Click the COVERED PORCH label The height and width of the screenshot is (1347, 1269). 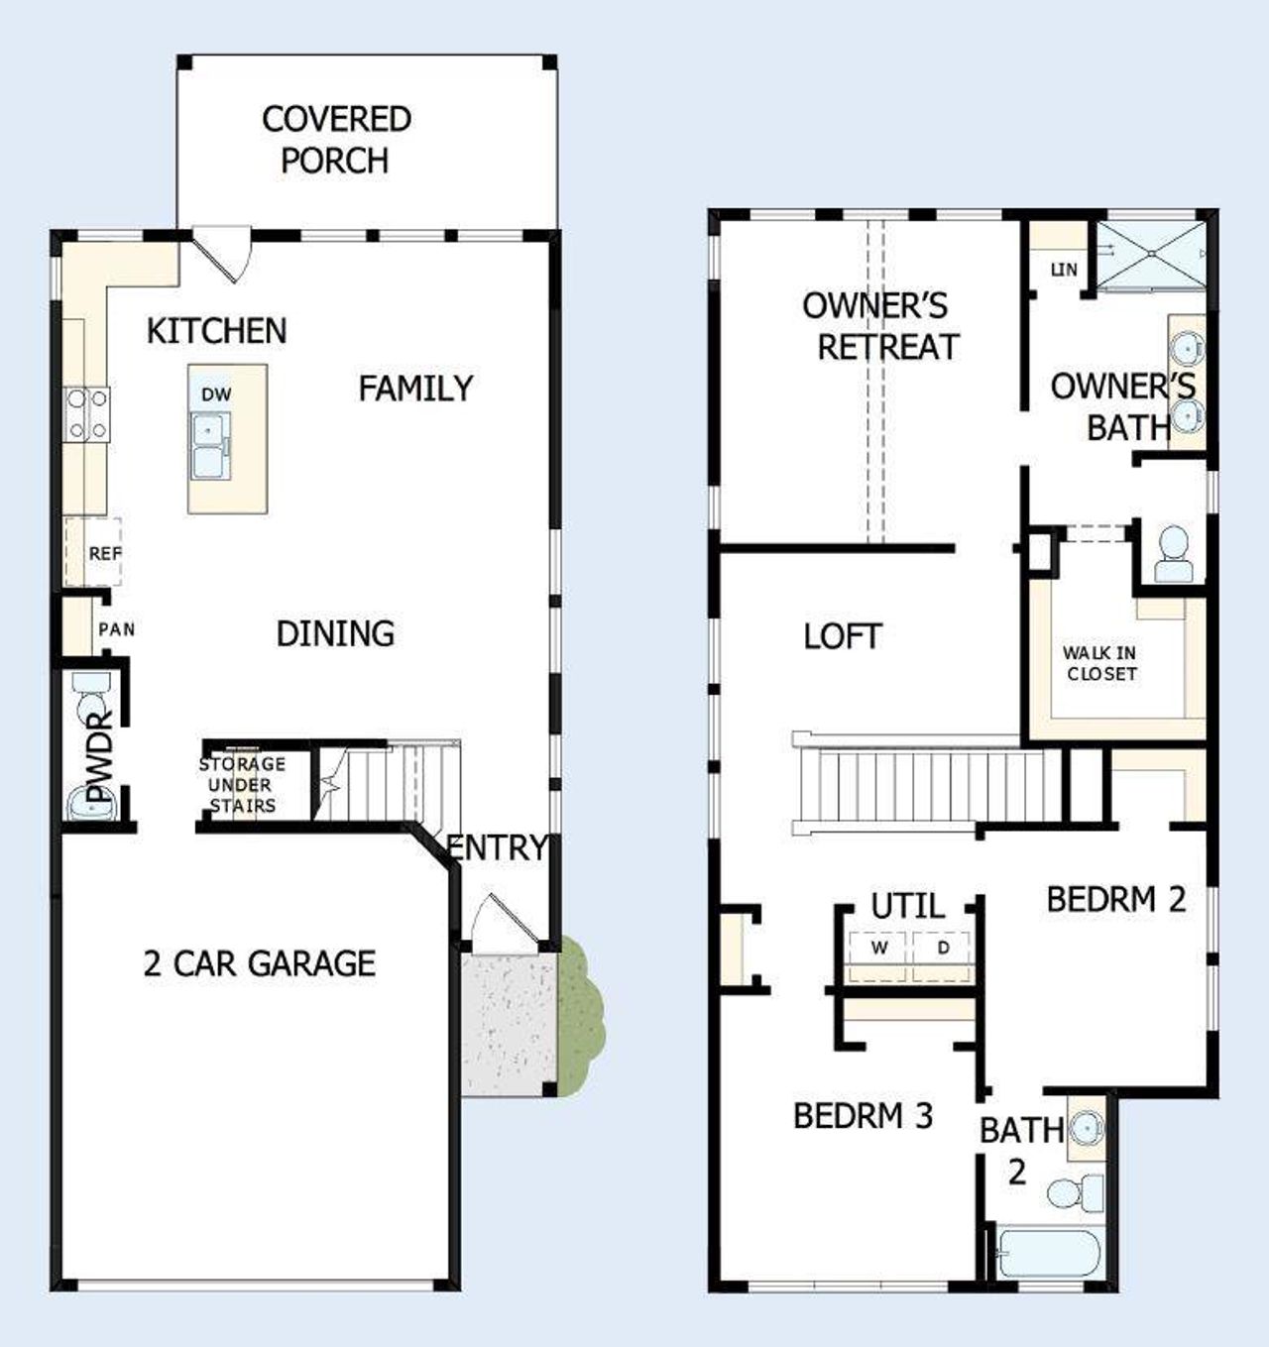(x=336, y=140)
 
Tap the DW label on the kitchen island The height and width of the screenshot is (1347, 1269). (x=216, y=394)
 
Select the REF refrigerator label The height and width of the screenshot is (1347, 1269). (x=104, y=554)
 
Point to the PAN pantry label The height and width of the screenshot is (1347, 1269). (x=117, y=629)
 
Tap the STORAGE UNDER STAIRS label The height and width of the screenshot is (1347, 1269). (x=242, y=785)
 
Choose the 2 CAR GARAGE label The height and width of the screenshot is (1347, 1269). (x=260, y=963)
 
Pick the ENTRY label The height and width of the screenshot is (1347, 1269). (x=497, y=848)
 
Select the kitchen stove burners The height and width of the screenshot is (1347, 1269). (x=87, y=414)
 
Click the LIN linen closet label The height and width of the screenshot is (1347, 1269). (x=1064, y=269)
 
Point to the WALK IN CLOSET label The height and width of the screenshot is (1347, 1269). (x=1099, y=663)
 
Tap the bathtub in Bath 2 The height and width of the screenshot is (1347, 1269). (x=1047, y=1254)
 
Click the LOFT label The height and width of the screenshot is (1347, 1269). (x=843, y=636)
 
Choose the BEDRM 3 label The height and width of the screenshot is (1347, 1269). (x=863, y=1116)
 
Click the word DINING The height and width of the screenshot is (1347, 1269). (x=335, y=633)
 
